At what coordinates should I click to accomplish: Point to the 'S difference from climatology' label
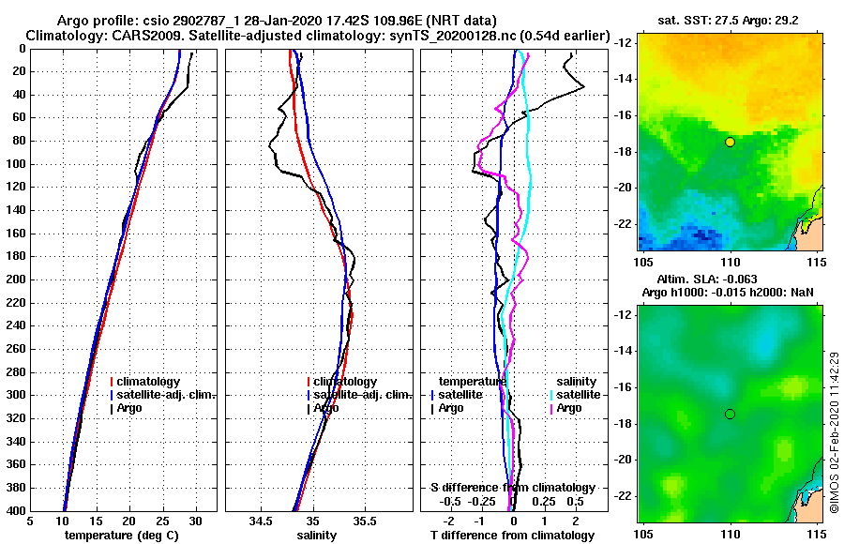(x=513, y=488)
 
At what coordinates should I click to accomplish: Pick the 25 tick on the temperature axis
(x=162, y=521)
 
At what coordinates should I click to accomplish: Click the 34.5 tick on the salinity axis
(x=261, y=521)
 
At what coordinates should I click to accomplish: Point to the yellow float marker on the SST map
(x=730, y=142)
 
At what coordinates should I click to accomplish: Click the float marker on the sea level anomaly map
(x=730, y=414)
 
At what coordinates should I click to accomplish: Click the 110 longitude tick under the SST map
(x=730, y=261)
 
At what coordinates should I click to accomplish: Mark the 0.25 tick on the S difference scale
(x=543, y=502)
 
